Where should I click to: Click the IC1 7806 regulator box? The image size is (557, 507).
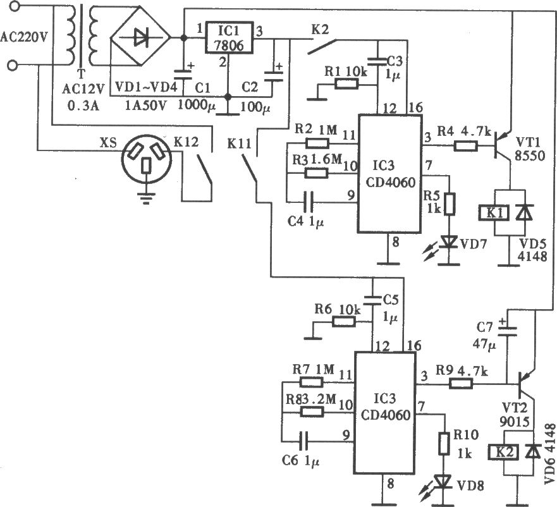(x=229, y=37)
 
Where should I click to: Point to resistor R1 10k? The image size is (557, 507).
(x=346, y=84)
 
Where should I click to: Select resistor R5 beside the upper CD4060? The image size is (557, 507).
(x=450, y=204)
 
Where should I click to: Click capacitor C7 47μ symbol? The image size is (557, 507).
(x=507, y=331)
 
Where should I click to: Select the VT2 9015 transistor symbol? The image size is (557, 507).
(x=527, y=385)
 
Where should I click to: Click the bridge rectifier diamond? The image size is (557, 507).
(x=140, y=37)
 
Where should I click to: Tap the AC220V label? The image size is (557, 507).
(x=24, y=37)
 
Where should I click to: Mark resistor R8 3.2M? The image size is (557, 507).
(x=312, y=412)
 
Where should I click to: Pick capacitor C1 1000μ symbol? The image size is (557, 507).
(x=183, y=75)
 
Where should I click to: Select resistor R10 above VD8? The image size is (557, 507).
(x=444, y=443)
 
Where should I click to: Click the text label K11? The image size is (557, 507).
(x=240, y=144)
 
